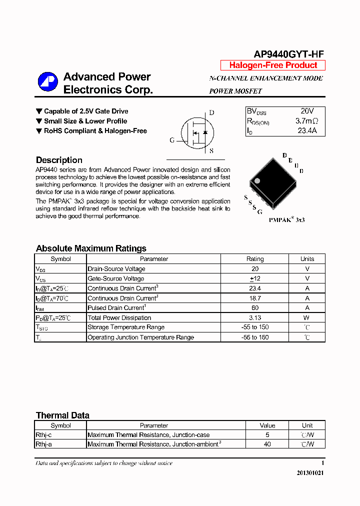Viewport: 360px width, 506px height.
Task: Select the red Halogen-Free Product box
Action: point(273,65)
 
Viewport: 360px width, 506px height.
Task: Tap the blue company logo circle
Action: point(48,82)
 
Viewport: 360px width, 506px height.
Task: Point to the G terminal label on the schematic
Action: point(172,140)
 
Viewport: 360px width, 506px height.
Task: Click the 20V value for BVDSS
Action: point(307,111)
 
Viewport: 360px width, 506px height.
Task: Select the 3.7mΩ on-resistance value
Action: point(306,121)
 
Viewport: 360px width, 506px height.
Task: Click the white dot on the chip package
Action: point(257,180)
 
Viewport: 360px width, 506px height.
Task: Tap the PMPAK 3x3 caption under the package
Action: point(286,219)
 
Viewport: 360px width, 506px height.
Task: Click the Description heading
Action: point(59,160)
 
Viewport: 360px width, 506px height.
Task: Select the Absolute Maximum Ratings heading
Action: point(91,248)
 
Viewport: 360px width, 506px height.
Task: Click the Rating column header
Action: point(254,259)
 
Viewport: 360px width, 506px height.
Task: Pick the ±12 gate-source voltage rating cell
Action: point(254,278)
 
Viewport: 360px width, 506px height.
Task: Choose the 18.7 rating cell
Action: point(254,298)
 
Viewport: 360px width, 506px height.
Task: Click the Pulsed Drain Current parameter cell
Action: point(116,308)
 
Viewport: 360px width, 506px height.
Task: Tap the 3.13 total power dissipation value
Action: point(254,317)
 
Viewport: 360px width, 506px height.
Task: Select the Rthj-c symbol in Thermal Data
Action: point(43,435)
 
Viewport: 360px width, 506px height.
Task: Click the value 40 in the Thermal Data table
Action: point(267,444)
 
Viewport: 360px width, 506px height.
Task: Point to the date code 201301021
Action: point(309,473)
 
